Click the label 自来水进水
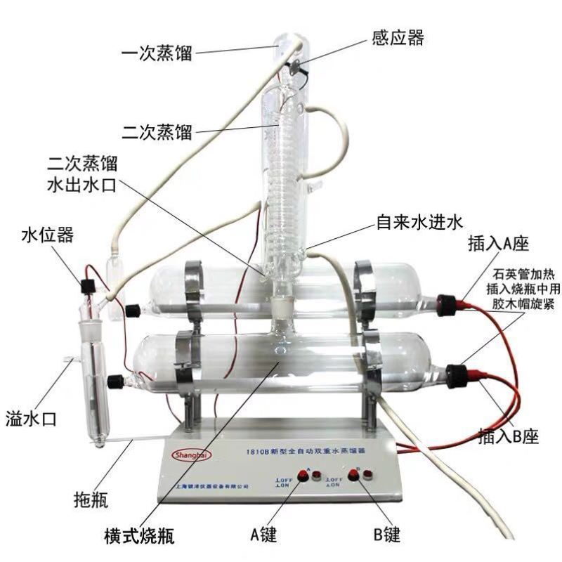pos(417,223)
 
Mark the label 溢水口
pos(31,419)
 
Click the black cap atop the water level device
pos(89,285)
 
